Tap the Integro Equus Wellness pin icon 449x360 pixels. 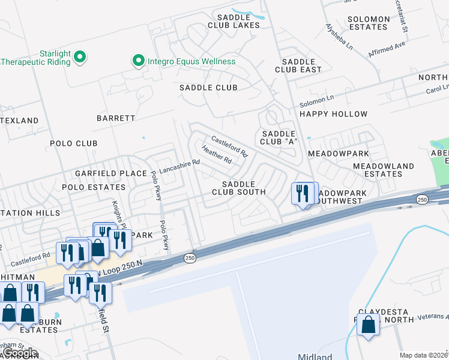(138, 61)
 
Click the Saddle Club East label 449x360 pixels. (298, 65)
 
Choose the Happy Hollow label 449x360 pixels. (333, 114)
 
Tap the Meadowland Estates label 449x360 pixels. (383, 170)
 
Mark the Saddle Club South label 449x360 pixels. (238, 188)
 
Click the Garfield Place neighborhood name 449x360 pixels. (110, 173)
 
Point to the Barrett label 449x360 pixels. (116, 118)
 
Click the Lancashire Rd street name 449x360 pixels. (178, 163)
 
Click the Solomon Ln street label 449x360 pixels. (316, 101)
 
